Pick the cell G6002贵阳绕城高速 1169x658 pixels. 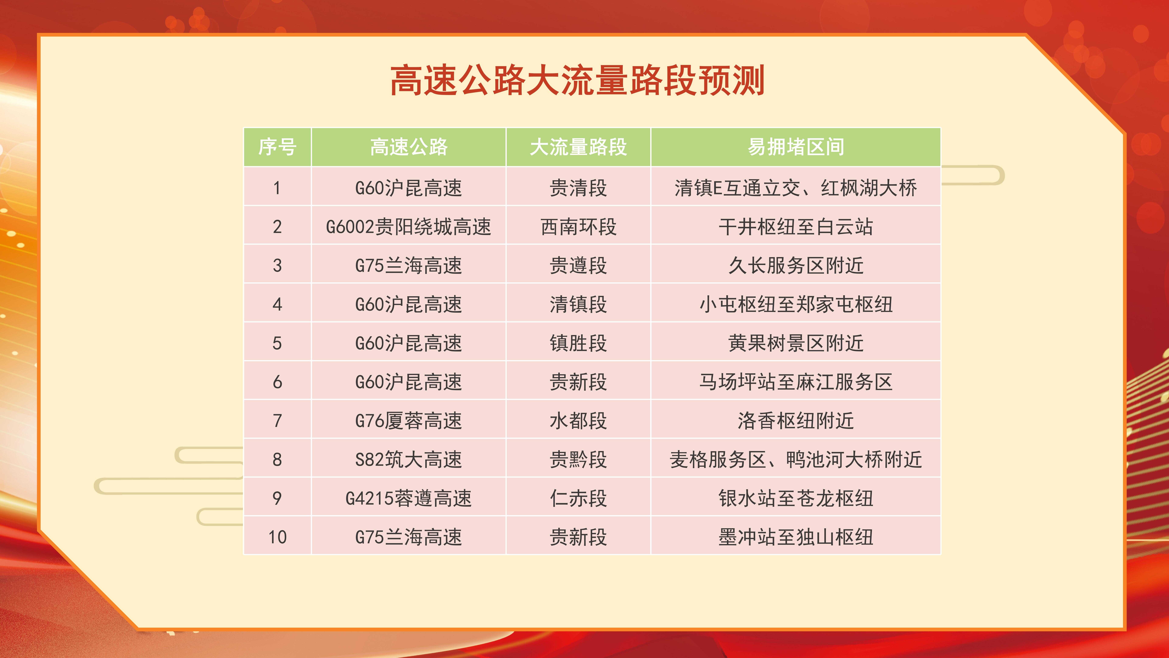pyautogui.click(x=408, y=227)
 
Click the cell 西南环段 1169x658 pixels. pyautogui.click(x=578, y=227)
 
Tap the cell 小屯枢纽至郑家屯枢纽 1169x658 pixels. pyautogui.click(x=796, y=304)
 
